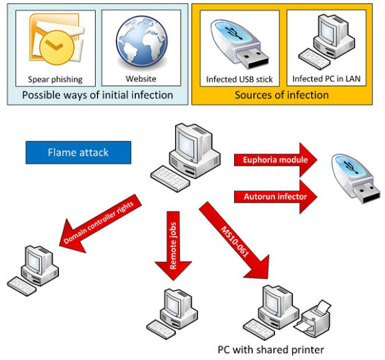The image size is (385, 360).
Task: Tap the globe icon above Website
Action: pyautogui.click(x=142, y=42)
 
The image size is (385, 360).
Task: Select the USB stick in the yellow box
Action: pyautogui.click(x=240, y=44)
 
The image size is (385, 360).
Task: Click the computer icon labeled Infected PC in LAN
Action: pyautogui.click(x=327, y=42)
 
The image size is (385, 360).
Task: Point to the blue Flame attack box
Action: pyautogui.click(x=78, y=153)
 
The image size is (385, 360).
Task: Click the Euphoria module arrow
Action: pyautogui.click(x=276, y=160)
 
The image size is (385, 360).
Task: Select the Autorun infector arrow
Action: pyautogui.click(x=276, y=197)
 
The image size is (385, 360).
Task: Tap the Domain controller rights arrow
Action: pyautogui.click(x=101, y=223)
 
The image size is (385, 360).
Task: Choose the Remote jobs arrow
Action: pyautogui.click(x=173, y=246)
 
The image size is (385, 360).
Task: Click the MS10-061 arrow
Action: pyautogui.click(x=235, y=240)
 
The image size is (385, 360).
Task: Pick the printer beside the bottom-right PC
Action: pyautogui.click(x=312, y=317)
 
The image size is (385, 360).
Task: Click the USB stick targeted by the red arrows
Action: pyautogui.click(x=356, y=179)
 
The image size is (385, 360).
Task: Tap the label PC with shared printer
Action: pyautogui.click(x=271, y=349)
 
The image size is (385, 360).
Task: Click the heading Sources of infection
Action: pyautogui.click(x=282, y=95)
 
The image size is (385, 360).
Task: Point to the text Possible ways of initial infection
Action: pyautogui.click(x=97, y=95)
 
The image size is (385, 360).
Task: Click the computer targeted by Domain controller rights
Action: pyautogui.click(x=33, y=271)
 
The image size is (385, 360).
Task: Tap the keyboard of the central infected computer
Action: pyautogui.click(x=170, y=179)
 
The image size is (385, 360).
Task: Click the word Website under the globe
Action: pyautogui.click(x=141, y=79)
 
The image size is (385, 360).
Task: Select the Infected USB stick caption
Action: pyautogui.click(x=240, y=79)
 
